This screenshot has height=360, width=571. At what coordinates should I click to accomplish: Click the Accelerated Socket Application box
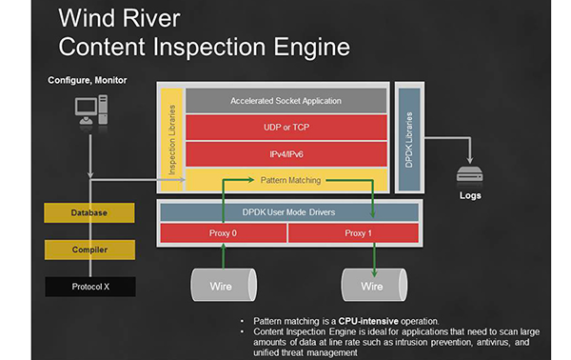click(285, 101)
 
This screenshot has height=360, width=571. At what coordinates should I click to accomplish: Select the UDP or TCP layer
click(285, 128)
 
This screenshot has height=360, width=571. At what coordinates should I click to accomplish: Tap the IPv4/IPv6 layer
click(285, 154)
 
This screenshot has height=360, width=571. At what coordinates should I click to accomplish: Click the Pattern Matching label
click(290, 180)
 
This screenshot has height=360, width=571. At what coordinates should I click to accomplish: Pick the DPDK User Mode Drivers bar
click(289, 212)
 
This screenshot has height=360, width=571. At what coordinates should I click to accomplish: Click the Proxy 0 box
click(224, 233)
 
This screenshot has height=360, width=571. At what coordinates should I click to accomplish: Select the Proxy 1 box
click(353, 233)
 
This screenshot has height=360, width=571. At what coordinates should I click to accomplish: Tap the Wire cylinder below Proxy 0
click(224, 285)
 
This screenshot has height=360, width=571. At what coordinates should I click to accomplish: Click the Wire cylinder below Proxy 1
click(374, 285)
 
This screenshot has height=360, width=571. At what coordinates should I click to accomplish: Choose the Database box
click(89, 212)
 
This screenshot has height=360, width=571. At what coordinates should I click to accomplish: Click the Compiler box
click(89, 250)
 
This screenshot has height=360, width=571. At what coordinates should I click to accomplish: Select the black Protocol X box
click(90, 287)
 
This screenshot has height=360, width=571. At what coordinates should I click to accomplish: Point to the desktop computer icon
click(91, 110)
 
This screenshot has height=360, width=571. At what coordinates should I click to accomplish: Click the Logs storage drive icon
click(470, 173)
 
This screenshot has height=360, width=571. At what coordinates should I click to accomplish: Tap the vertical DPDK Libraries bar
click(409, 139)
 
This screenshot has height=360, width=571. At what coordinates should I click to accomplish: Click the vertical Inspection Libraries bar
click(171, 139)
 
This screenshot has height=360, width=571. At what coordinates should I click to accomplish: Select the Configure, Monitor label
click(88, 80)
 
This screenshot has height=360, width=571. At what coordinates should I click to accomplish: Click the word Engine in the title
click(312, 48)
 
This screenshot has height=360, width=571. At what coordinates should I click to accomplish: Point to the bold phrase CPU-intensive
click(368, 321)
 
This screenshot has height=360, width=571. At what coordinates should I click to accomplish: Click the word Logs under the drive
click(470, 195)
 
